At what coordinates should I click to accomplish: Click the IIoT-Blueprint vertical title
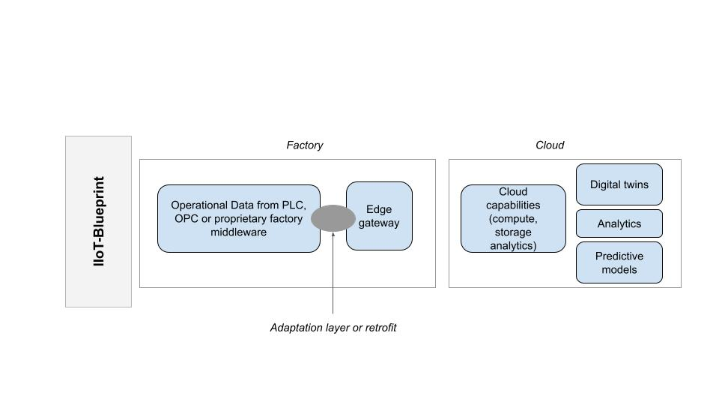(99, 221)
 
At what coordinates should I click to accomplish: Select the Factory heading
(305, 145)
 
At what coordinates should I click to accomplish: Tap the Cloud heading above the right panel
(549, 145)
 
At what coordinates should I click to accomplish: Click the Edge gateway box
(379, 216)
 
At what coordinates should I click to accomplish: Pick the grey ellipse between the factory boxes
(333, 218)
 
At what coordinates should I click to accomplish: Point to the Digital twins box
(619, 184)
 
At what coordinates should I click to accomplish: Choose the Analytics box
(619, 223)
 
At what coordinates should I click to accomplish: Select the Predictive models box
(619, 262)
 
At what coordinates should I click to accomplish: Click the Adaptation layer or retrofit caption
(333, 328)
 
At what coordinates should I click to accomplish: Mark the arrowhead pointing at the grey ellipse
(333, 234)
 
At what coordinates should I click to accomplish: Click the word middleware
(238, 232)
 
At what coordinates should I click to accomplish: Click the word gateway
(379, 223)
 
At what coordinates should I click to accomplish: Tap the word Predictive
(619, 256)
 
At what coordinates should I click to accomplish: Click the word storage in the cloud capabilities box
(512, 232)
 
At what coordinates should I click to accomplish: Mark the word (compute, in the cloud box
(512, 219)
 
